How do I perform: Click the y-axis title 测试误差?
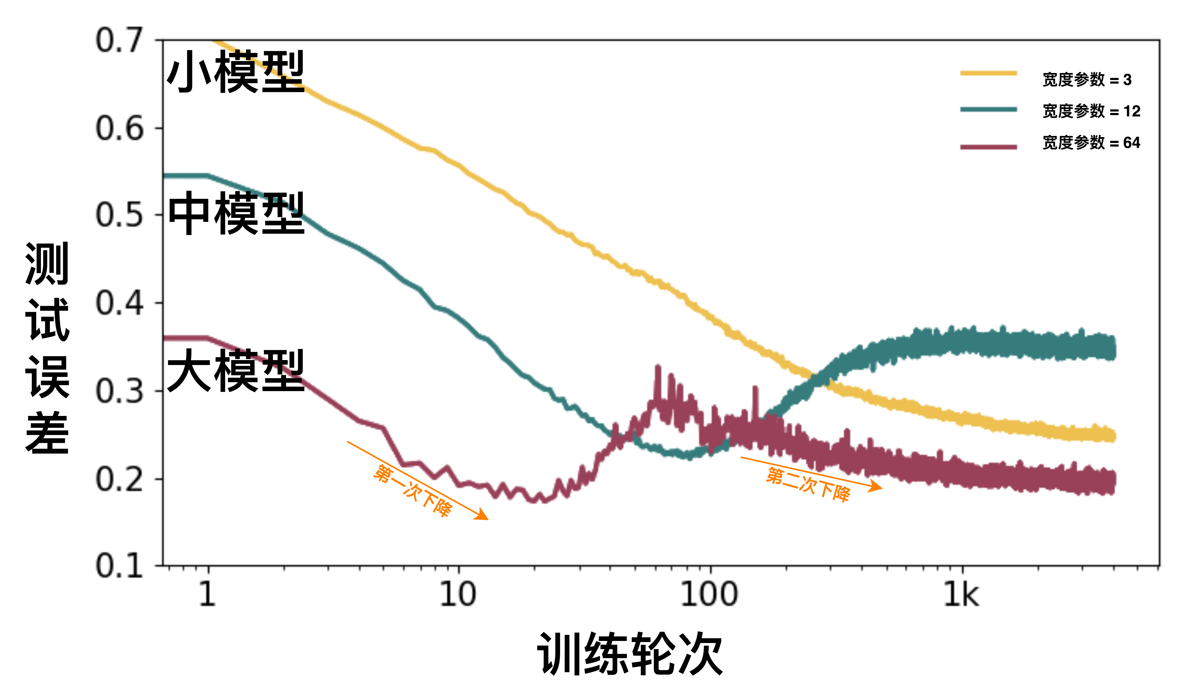(47, 347)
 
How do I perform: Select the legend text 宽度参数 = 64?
(1091, 142)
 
